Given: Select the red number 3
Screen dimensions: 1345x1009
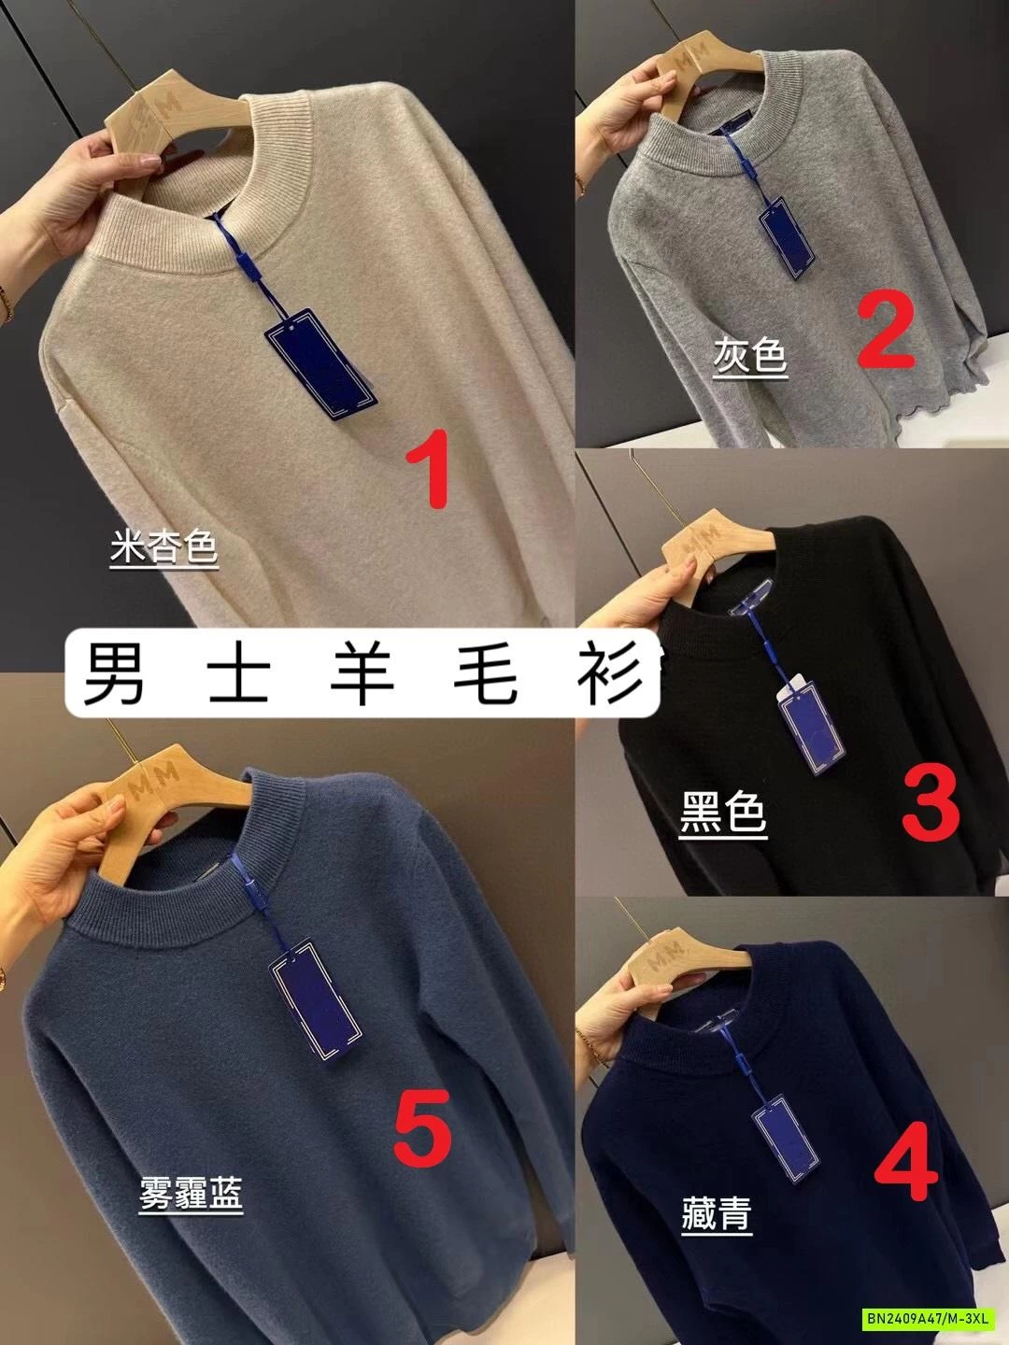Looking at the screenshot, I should tap(931, 800).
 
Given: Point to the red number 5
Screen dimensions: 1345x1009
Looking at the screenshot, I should tap(422, 1129).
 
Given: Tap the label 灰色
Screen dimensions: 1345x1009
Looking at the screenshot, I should tap(749, 356).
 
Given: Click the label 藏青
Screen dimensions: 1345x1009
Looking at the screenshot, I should tap(717, 1213).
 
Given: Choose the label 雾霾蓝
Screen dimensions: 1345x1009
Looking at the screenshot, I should tap(191, 1193).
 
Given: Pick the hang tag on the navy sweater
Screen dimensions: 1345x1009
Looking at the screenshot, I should tap(783, 1133).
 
